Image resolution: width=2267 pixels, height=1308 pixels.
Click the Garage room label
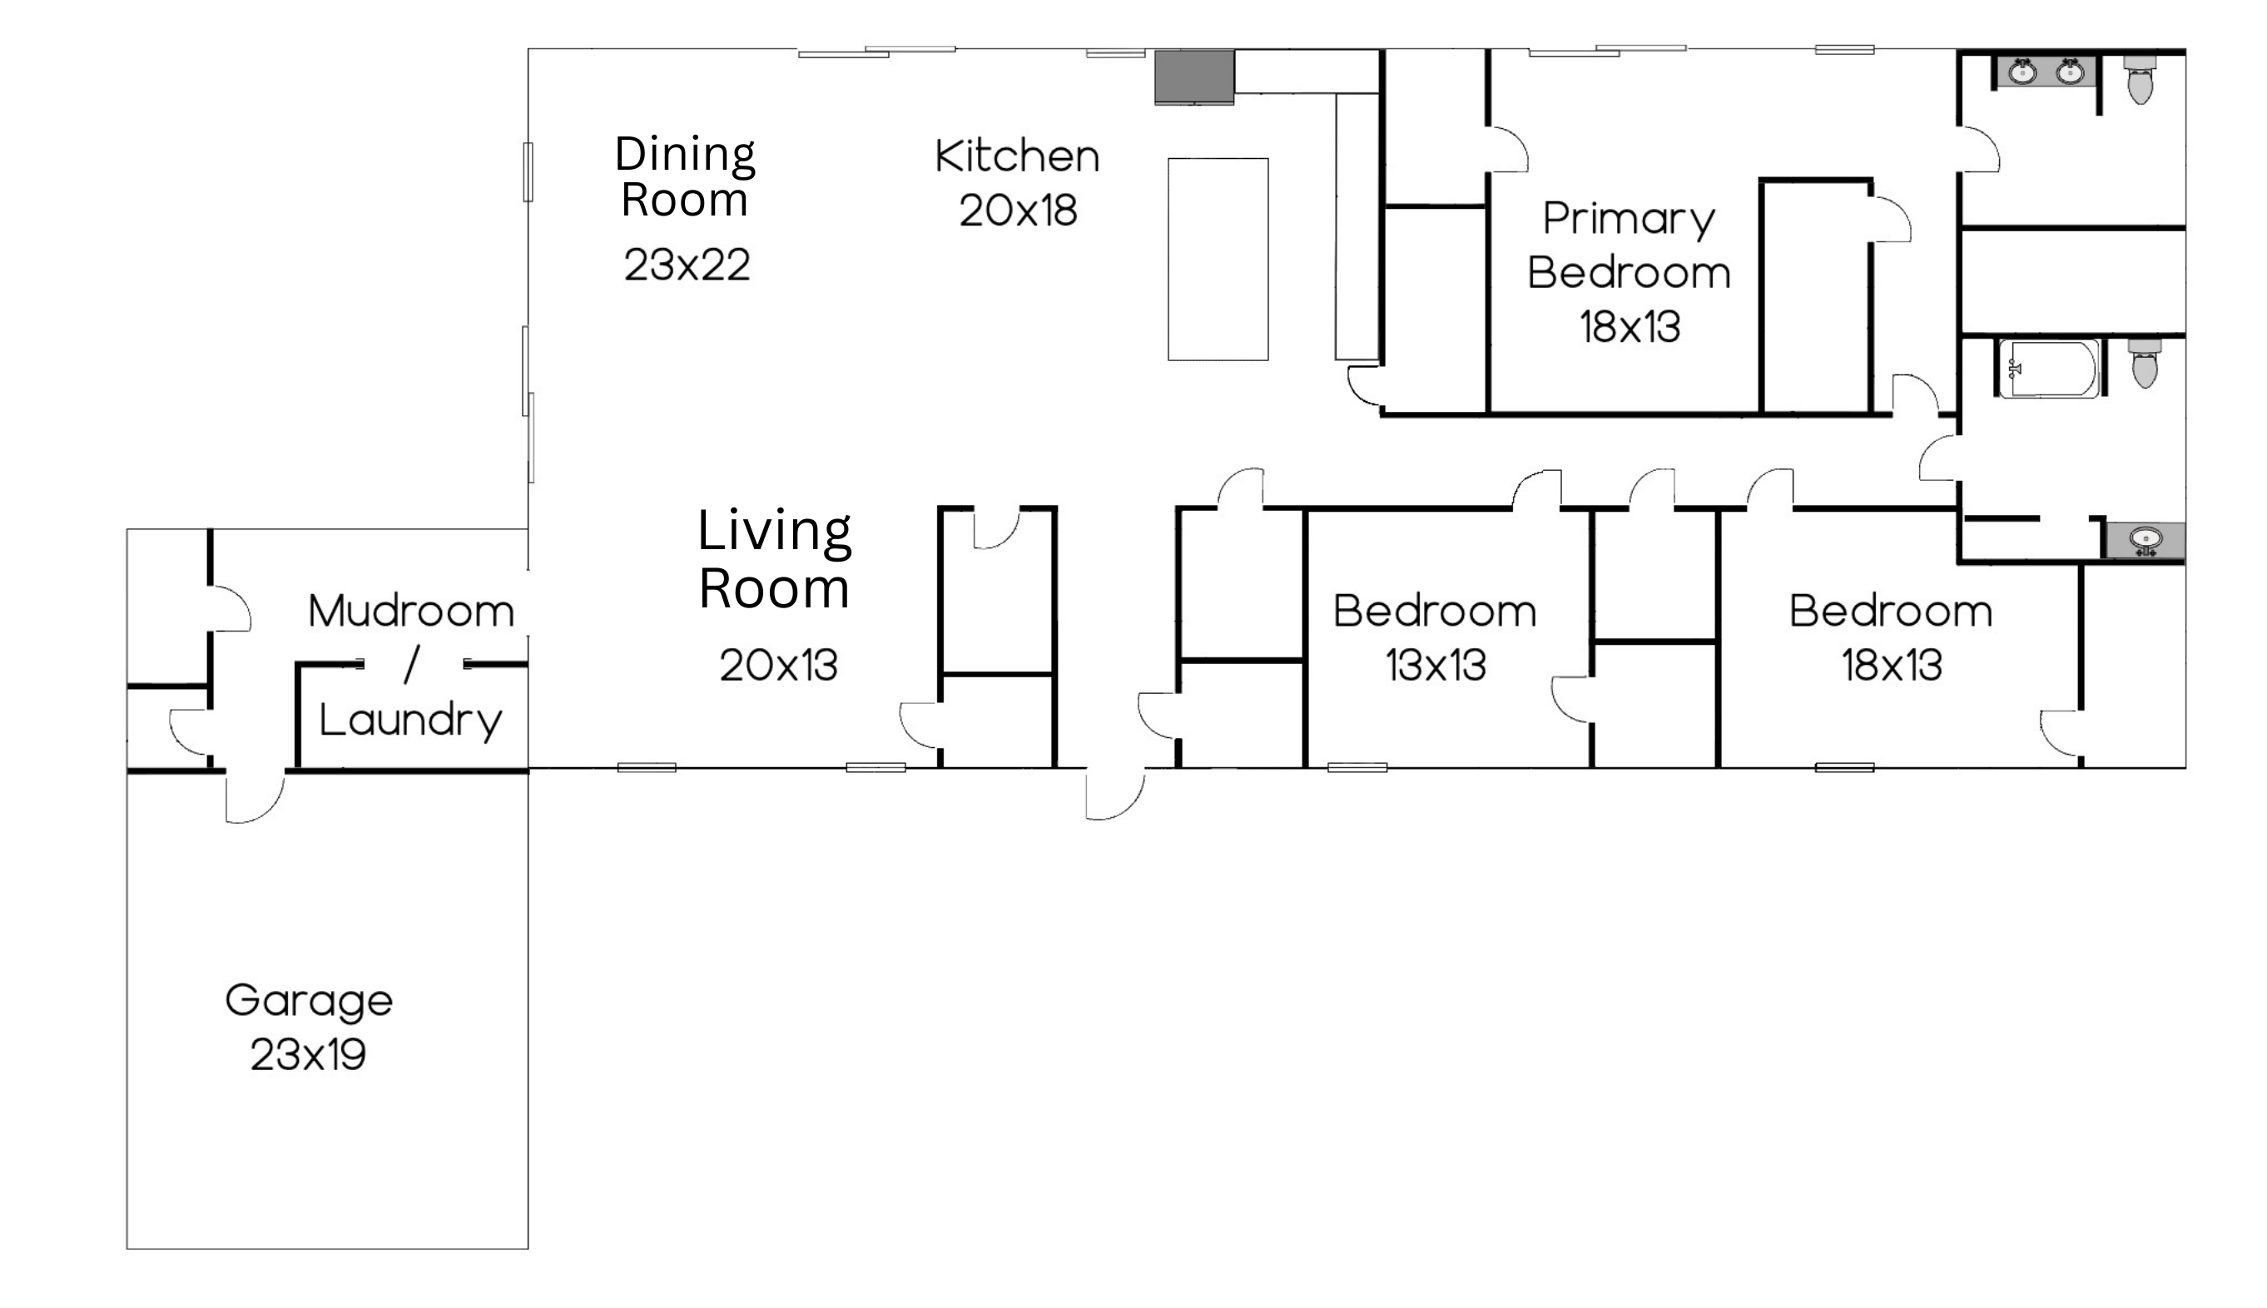click(309, 1001)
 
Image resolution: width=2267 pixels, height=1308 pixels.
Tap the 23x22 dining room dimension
click(687, 265)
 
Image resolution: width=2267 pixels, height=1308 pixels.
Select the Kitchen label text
click(1017, 156)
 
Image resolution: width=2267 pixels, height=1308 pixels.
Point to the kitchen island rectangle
click(1218, 260)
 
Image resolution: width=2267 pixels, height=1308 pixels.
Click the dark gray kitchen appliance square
click(1194, 77)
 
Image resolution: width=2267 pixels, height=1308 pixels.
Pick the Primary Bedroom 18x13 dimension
click(1630, 327)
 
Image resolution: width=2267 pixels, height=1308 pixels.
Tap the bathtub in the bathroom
click(2049, 369)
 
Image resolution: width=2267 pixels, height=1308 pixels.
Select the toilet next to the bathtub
click(2145, 363)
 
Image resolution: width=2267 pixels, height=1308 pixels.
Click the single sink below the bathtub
click(2145, 541)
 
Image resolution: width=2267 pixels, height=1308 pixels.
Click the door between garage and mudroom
click(255, 797)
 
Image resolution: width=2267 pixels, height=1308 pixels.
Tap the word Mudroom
click(411, 612)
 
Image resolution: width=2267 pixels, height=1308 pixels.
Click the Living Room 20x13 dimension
click(778, 666)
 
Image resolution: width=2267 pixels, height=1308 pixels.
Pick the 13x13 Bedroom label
click(1435, 612)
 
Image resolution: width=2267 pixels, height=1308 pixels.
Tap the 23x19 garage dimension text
click(308, 1055)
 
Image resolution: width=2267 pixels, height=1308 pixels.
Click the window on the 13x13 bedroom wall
click(1357, 767)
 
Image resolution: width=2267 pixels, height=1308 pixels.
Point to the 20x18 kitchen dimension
click(1018, 211)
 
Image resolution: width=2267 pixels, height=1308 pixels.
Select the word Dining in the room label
click(685, 155)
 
